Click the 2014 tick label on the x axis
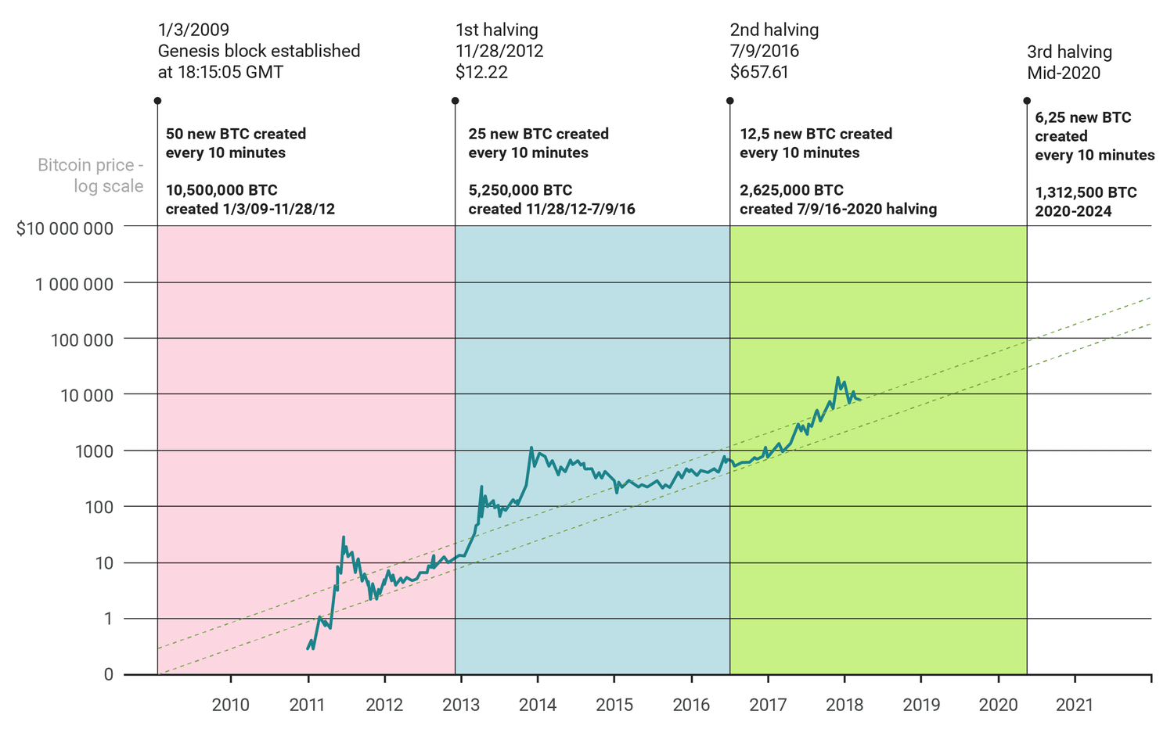coord(538,705)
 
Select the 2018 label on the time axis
coord(844,705)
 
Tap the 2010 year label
coord(231,705)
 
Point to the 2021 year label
coord(1075,705)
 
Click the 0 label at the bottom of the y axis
coord(108,674)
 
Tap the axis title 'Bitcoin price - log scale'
coord(91,176)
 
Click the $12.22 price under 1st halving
coord(481,73)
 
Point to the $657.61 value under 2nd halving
coord(759,73)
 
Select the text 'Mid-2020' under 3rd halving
coord(1064,74)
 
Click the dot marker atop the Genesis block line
coord(157,101)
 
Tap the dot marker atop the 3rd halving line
coord(1027,101)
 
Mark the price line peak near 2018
coord(837,378)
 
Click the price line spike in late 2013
coord(531,448)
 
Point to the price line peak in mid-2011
coord(343,537)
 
